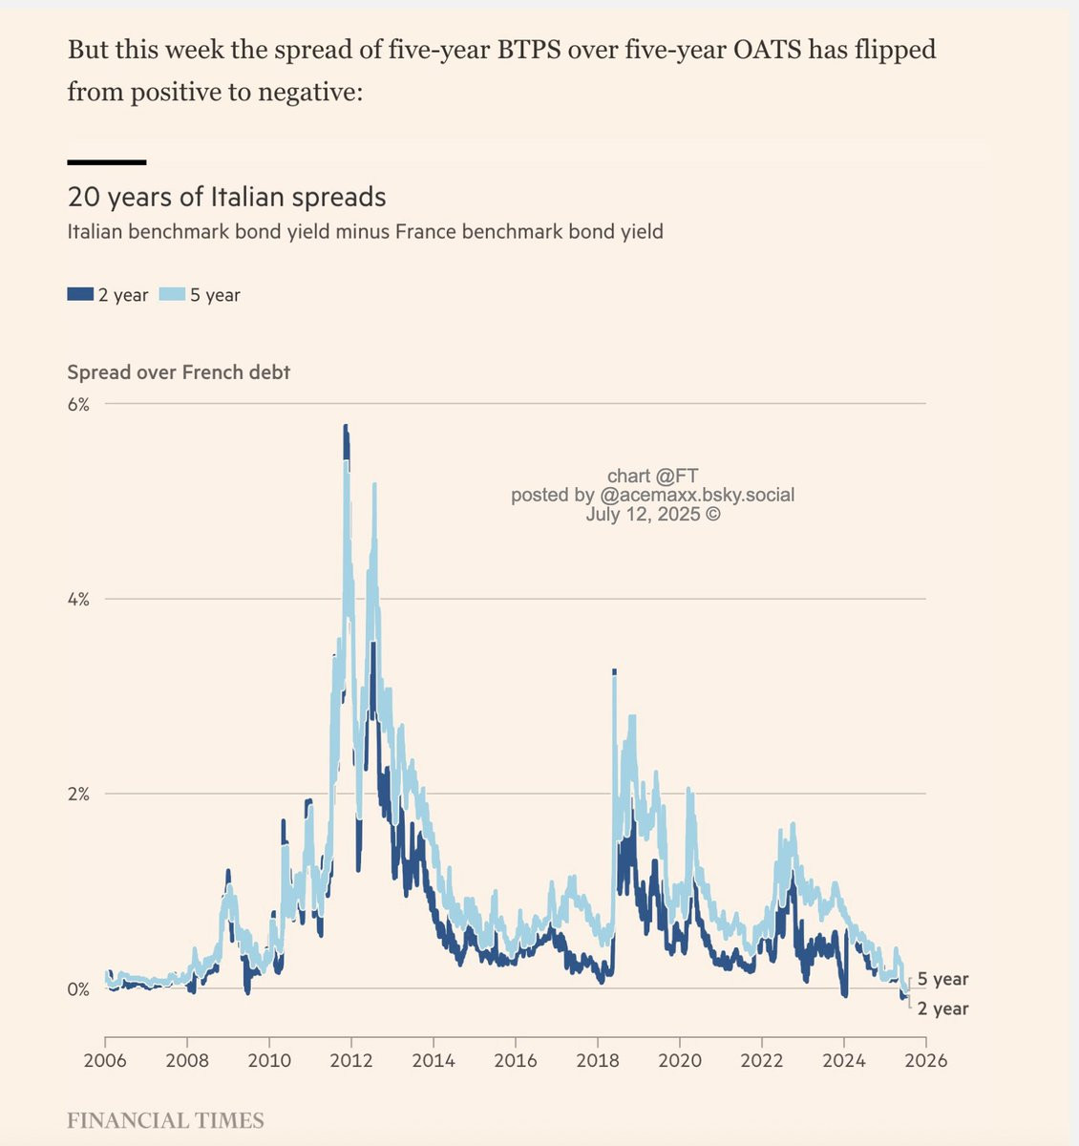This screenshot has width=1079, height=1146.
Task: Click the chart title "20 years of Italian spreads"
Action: (x=226, y=198)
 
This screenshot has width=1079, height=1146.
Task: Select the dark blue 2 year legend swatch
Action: (x=80, y=294)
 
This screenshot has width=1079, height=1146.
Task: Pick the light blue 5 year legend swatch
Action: (x=172, y=294)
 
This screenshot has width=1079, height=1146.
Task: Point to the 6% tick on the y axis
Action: (x=78, y=404)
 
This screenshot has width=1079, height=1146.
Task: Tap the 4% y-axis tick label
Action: (x=78, y=600)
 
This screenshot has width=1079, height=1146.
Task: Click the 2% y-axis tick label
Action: (x=78, y=794)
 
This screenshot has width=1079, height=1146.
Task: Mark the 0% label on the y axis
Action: (x=78, y=989)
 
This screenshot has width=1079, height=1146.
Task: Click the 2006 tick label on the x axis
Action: (x=105, y=1060)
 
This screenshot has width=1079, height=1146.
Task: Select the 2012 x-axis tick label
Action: (x=351, y=1060)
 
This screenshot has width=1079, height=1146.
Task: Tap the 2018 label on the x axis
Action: (x=598, y=1060)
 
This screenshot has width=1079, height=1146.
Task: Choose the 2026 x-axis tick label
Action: (x=925, y=1060)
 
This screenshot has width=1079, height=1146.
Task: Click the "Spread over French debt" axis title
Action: (x=179, y=372)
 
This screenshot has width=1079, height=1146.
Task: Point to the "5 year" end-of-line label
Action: (x=942, y=979)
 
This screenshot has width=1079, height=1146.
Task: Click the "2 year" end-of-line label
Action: (x=942, y=1008)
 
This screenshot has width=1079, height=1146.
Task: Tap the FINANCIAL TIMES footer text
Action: (x=165, y=1120)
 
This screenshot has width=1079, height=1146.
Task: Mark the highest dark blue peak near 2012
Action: (x=346, y=427)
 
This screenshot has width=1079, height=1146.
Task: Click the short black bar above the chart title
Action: (x=106, y=162)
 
